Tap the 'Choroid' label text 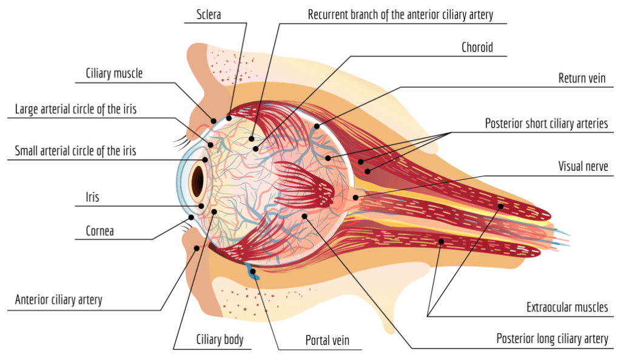pos(477,47)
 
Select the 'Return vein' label pos(582,79)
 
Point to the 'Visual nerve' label pos(583,166)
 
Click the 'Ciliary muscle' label pos(114,73)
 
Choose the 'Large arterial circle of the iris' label pos(76,110)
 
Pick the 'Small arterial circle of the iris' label pos(76,151)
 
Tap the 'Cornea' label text pos(99,231)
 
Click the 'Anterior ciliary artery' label pos(59,299)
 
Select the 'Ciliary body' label pos(220,339)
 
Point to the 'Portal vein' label pos(327,341)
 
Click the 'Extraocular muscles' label pos(567,307)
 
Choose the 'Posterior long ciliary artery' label pos(552,338)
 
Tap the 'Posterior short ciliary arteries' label pos(546,124)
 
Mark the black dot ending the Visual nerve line pos(356,198)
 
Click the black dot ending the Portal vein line pos(253,271)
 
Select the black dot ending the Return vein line pos(317,126)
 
